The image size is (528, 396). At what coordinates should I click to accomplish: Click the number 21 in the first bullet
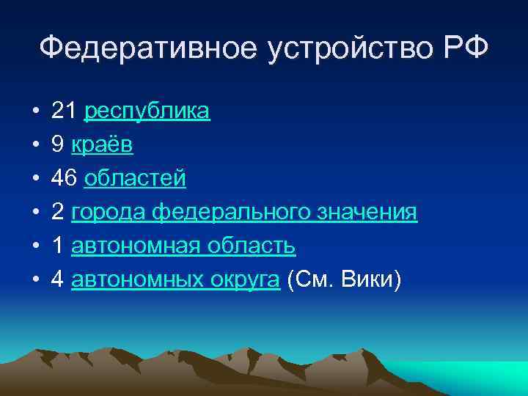[64, 111]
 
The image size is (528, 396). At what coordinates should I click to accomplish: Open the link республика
[147, 111]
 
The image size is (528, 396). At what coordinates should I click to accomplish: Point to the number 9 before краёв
[57, 145]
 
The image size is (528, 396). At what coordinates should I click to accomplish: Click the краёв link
[102, 145]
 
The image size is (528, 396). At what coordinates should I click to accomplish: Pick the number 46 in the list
[64, 179]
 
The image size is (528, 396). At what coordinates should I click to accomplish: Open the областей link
[135, 179]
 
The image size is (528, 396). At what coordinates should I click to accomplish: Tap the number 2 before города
[57, 213]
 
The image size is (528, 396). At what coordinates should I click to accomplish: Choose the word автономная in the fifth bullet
[133, 246]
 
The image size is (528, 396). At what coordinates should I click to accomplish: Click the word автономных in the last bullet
[136, 280]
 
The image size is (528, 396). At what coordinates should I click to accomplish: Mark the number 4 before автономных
[57, 280]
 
